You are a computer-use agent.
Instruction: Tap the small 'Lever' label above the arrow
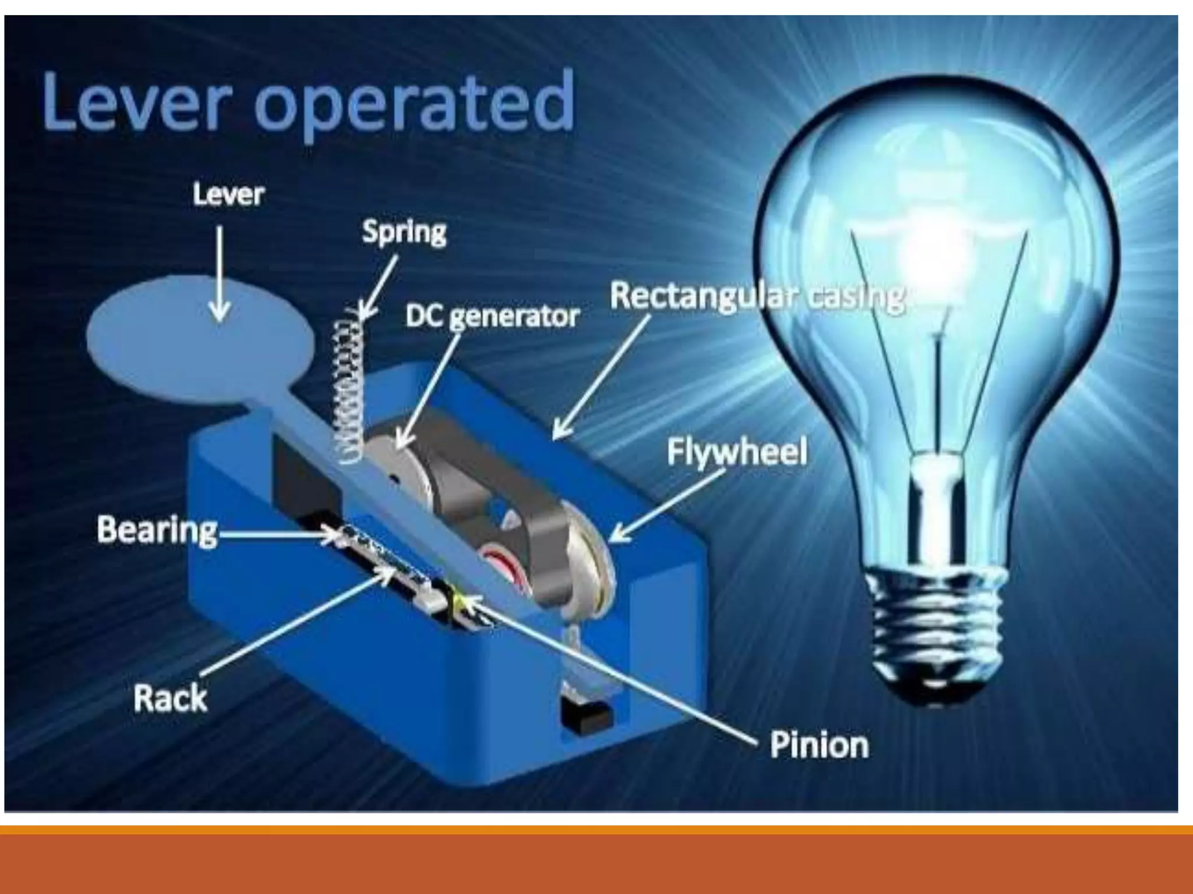pos(228,194)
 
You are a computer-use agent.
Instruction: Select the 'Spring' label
pos(404,232)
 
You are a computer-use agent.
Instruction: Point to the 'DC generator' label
pos(492,317)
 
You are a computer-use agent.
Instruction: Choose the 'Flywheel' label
pos(737,452)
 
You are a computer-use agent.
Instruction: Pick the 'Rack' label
pos(170,698)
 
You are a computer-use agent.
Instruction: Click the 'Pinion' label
pos(819,744)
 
